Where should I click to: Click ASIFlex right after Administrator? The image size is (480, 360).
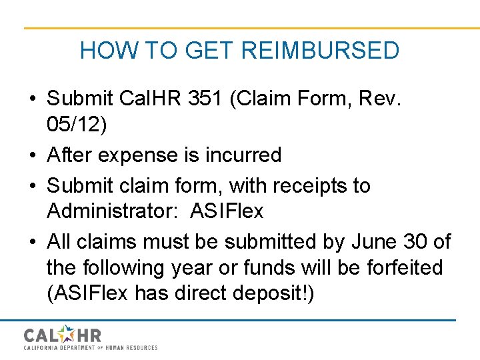tap(227, 211)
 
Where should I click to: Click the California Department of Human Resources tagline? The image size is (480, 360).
tap(91, 348)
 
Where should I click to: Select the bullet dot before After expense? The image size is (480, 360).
tap(33, 155)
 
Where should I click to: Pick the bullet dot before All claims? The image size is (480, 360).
tap(33, 241)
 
